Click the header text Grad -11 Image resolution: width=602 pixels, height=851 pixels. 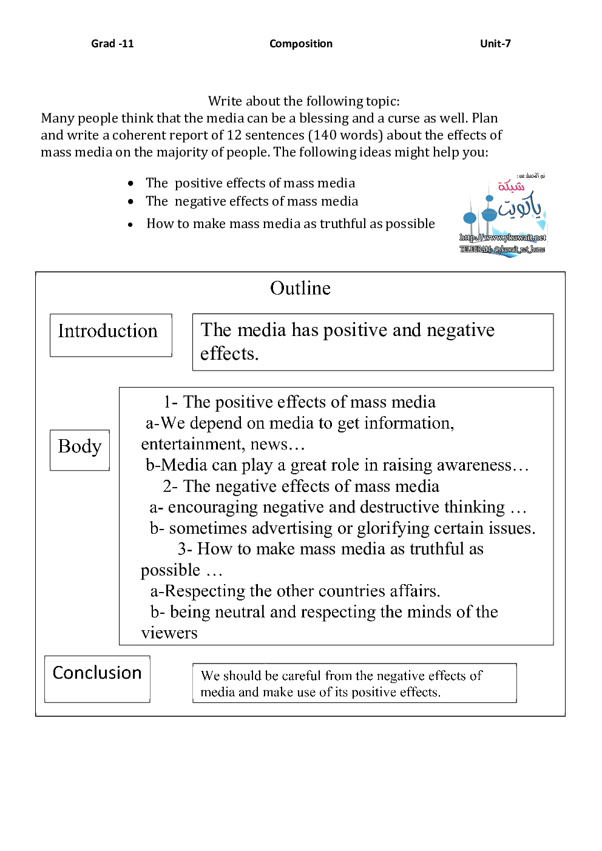(x=112, y=44)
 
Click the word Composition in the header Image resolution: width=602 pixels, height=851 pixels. (x=301, y=44)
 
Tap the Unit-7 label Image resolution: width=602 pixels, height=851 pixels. (x=495, y=44)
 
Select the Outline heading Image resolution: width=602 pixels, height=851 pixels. (x=300, y=288)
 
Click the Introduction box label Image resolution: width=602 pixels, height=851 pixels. (x=108, y=331)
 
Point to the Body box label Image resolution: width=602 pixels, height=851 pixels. (x=79, y=446)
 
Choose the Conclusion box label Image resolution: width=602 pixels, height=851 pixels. (x=97, y=673)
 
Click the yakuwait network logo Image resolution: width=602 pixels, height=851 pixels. (x=503, y=215)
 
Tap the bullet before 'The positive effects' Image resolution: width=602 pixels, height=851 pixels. (x=130, y=183)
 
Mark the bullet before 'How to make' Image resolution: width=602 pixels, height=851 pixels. (x=130, y=224)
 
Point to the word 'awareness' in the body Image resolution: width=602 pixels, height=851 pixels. (x=473, y=465)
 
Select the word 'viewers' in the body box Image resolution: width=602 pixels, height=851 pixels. (x=169, y=633)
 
